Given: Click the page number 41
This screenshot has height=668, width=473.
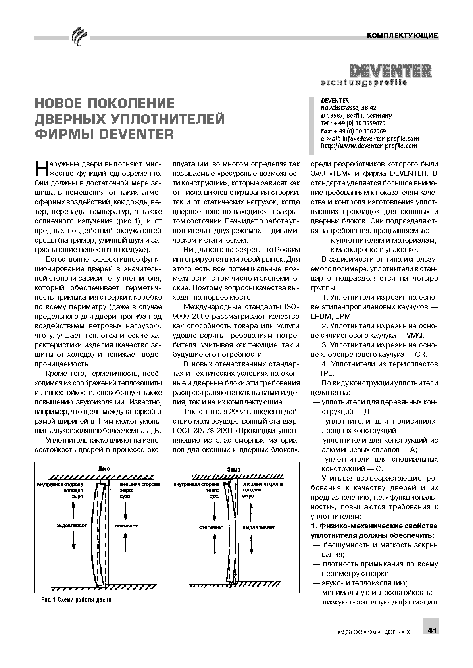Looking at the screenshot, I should pyautogui.click(x=432, y=630).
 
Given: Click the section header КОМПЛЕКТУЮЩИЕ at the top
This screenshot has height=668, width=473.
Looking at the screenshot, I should pyautogui.click(x=402, y=35).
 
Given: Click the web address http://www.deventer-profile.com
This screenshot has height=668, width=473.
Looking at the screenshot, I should pyautogui.click(x=369, y=146).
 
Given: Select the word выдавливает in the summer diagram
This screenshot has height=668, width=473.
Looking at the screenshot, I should pyautogui.click(x=71, y=526).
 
